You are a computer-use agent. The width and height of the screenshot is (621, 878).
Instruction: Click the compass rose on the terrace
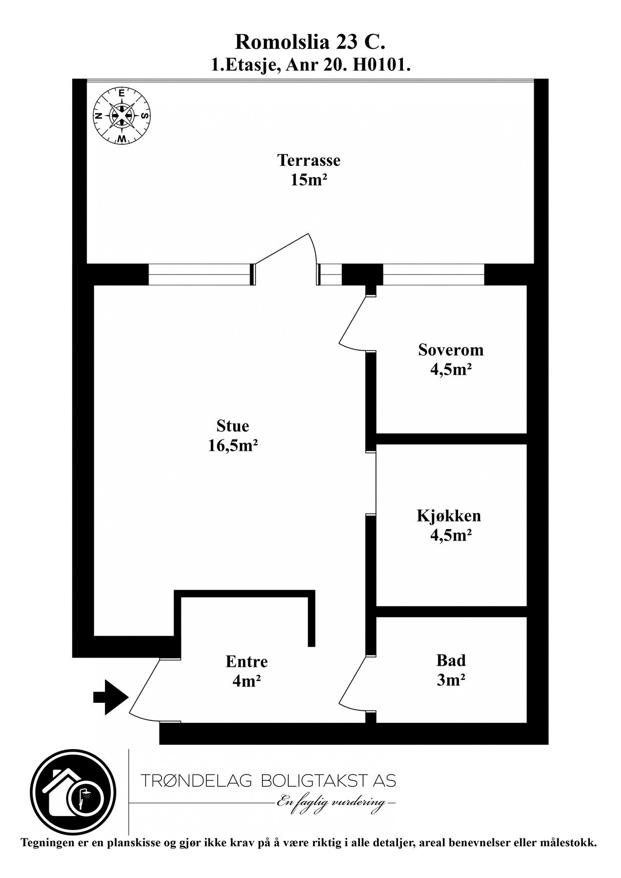click(x=121, y=116)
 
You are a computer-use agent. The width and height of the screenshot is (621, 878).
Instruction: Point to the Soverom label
click(x=451, y=350)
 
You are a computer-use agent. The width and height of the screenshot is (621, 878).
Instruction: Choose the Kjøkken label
click(x=449, y=516)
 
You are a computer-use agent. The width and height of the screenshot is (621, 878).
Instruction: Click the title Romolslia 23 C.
click(x=310, y=42)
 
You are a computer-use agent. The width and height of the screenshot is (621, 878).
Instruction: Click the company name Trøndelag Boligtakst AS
click(x=268, y=781)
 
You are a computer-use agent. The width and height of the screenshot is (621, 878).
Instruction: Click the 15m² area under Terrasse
click(x=309, y=180)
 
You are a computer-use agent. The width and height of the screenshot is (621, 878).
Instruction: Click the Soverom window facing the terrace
click(x=433, y=274)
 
